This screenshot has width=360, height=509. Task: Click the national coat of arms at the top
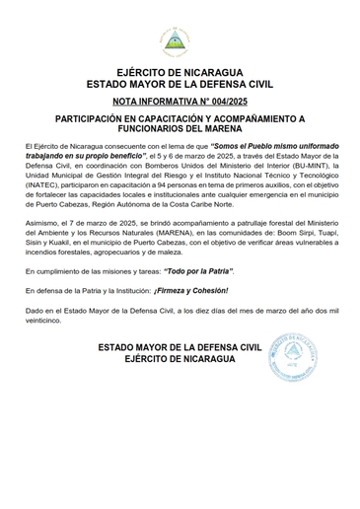[x=180, y=38]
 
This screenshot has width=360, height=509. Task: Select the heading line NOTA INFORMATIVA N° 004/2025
[x=180, y=102]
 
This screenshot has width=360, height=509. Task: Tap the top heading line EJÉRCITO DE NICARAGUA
[x=180, y=73]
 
